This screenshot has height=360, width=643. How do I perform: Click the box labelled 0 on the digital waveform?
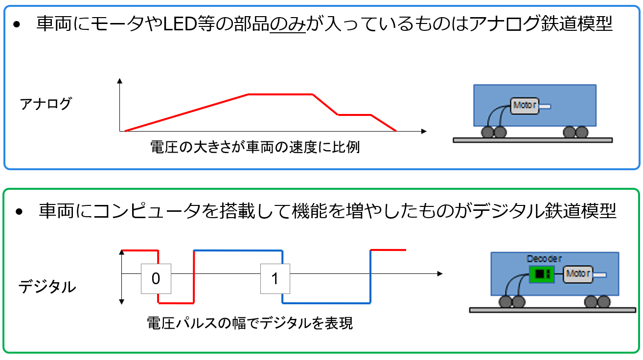coord(156,278)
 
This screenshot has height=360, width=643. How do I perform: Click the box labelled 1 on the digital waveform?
coord(275,278)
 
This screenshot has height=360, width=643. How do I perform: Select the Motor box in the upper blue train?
coord(525,105)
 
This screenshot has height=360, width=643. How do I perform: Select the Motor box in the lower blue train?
coord(578,274)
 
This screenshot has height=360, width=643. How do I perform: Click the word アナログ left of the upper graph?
coord(46,104)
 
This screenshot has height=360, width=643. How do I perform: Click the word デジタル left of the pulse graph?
coord(47,287)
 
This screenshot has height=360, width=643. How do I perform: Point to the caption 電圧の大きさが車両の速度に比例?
coord(255,147)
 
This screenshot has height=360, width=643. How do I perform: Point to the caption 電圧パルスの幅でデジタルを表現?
coord(250,323)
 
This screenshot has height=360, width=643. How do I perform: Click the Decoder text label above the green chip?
coord(544,258)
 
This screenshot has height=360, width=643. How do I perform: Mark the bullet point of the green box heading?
coord(19,212)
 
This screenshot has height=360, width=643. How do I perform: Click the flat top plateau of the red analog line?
coord(280,94)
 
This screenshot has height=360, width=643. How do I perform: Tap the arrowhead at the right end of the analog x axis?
coord(424,131)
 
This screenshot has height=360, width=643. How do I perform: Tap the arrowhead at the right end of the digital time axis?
coord(440,273)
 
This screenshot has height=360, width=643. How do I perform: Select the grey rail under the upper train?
coord(532,140)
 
